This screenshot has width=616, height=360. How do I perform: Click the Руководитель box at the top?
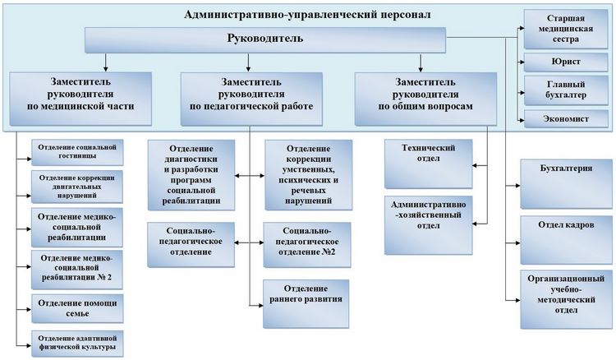(264, 39)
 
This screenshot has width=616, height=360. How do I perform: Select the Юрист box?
(566, 62)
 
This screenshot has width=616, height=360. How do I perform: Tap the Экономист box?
(566, 119)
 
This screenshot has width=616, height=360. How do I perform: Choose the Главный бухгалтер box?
(566, 90)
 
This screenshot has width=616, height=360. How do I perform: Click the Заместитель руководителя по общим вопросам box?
(425, 95)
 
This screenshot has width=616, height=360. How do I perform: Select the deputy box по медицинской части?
(80, 95)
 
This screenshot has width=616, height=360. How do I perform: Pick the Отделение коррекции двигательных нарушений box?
(77, 186)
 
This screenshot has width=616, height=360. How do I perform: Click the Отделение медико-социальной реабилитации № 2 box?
(77, 269)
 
